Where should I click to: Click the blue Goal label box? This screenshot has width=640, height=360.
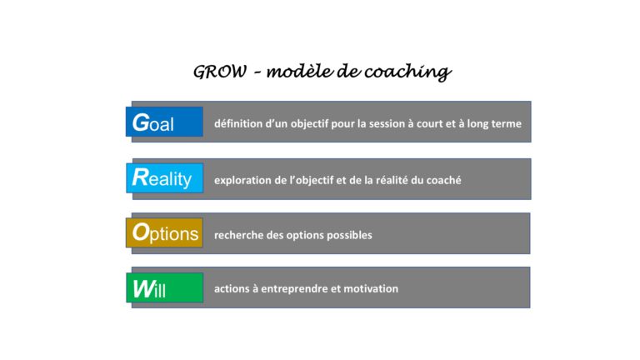tap(164, 122)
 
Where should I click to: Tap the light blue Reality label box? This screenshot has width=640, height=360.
tap(165, 178)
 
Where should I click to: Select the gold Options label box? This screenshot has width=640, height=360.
tap(164, 232)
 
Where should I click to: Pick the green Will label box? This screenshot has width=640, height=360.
tap(165, 287)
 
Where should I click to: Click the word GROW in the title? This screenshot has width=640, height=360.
tap(220, 72)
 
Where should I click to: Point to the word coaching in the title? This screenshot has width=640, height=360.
tap(407, 72)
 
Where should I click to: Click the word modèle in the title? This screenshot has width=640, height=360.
tap(300, 72)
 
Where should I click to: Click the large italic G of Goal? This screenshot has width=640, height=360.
tap(141, 122)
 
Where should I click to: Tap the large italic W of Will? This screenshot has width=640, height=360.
tap(143, 288)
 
